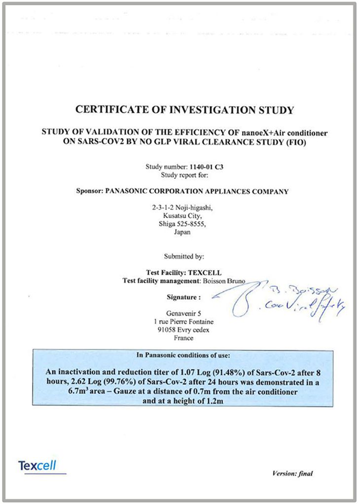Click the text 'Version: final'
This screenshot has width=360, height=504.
pos(292,474)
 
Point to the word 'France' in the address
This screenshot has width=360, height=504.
pos(183,338)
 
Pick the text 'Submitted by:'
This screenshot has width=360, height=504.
pos(180,256)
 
